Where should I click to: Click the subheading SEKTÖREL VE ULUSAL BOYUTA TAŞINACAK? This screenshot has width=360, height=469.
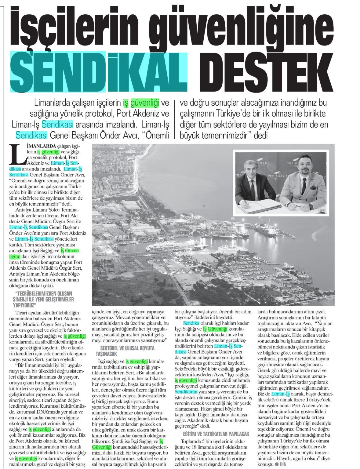[x=128, y=351]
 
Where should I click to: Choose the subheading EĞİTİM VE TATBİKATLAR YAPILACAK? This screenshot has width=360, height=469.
[x=212, y=434]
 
